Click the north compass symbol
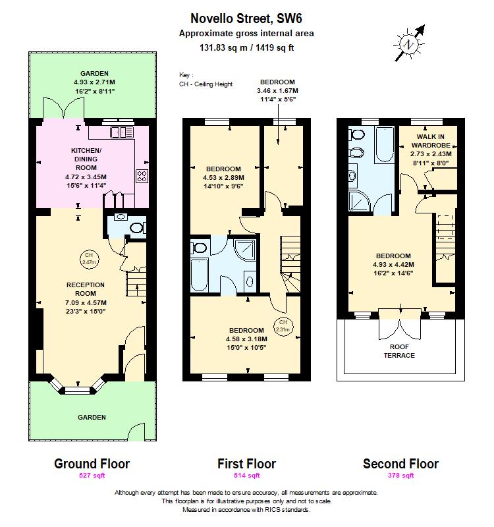click(x=410, y=43)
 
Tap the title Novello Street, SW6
click(x=246, y=19)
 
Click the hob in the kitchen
click(x=142, y=175)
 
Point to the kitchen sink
click(x=120, y=132)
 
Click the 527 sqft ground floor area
click(x=92, y=475)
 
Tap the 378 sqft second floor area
click(x=400, y=475)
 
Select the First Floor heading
click(x=246, y=464)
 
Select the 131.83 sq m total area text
click(x=246, y=47)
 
